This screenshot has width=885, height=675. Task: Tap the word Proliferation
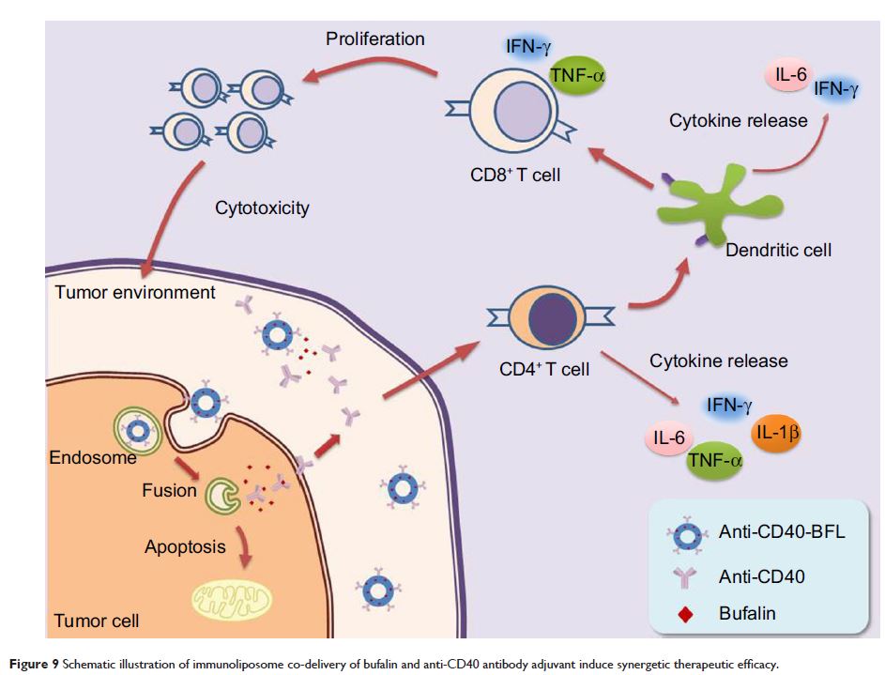point(375,39)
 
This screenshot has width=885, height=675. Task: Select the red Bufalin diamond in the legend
point(685,614)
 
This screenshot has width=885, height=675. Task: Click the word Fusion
point(171,489)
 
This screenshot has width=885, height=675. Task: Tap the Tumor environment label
point(135,291)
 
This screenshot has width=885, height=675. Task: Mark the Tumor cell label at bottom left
point(98,621)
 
